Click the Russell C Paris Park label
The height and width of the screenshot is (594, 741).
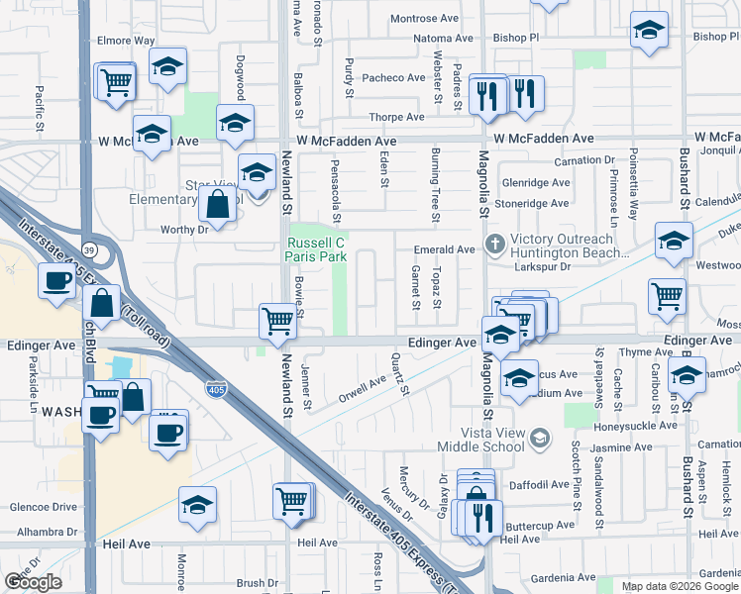316,248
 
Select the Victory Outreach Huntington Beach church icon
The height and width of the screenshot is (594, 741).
494,243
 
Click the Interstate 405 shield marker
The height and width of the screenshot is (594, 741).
216,390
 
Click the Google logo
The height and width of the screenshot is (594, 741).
33,582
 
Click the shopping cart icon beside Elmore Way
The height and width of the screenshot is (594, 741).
116,81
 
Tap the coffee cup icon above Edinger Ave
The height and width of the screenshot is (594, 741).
55,280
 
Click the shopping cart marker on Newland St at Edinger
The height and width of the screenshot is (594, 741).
278,320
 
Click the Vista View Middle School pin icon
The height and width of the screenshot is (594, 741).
540,437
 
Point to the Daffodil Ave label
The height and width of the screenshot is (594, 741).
539,485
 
